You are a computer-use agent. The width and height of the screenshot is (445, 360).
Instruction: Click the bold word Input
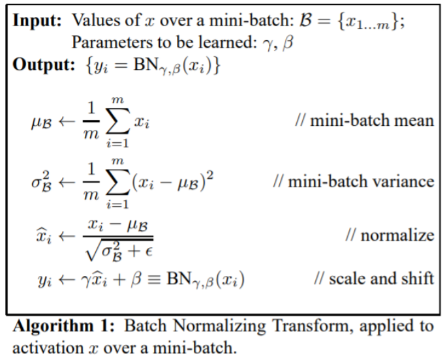(36, 20)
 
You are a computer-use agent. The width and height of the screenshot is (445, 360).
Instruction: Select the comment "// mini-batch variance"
(353, 180)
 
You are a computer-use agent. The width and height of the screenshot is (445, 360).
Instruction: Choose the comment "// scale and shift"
(373, 278)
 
